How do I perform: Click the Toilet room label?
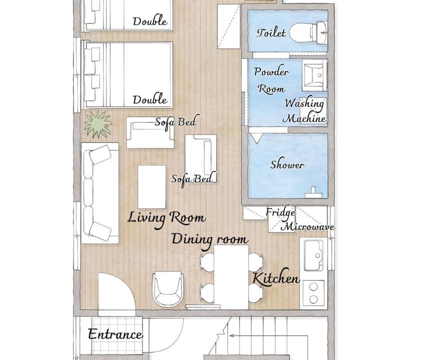coord(271,33)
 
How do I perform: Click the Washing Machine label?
coord(304,111)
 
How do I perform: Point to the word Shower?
coord(287,164)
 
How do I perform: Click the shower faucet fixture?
coord(313,192)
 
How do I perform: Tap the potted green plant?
coord(98,124)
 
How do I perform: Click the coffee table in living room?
coord(151,187)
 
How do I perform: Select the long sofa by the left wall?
coord(100,193)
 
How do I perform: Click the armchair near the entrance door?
coord(168,288)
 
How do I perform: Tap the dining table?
coord(231,277)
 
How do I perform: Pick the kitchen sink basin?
coord(313,255)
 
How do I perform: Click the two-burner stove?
coord(313,293)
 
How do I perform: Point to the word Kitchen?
coord(276,278)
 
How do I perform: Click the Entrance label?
coord(115,334)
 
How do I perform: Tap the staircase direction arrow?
coord(268,336)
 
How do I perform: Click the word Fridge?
coord(280,213)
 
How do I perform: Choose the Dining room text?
coord(209,239)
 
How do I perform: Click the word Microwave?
coord(308,227)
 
